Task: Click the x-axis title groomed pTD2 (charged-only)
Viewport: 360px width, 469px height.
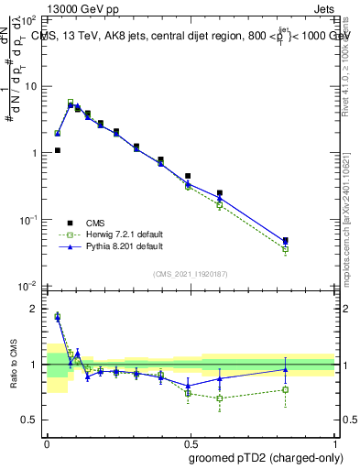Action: tap(259, 457)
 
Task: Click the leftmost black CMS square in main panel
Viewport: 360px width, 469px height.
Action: tap(57, 150)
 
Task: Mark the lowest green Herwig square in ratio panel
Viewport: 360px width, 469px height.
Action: tap(220, 398)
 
